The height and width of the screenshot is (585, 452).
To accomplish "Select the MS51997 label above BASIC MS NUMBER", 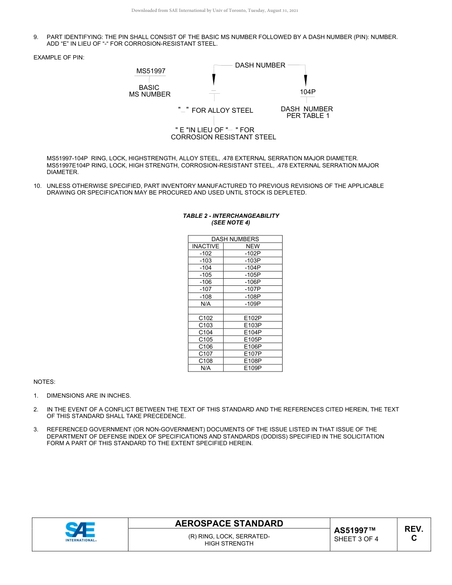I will (x=151, y=71).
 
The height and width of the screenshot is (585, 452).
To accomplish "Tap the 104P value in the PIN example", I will (x=308, y=91).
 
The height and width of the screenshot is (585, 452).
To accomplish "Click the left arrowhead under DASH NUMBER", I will (x=214, y=79).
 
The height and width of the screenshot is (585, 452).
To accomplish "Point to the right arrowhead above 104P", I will (x=305, y=79).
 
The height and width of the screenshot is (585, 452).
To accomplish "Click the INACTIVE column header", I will (x=206, y=246).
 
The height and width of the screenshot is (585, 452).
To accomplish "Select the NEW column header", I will (x=253, y=246).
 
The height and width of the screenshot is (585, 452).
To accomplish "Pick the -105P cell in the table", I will (x=253, y=275).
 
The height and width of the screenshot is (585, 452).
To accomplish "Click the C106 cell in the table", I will (x=206, y=347).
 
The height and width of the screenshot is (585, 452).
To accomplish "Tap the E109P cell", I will (x=253, y=368).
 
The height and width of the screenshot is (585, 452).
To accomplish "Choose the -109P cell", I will (x=253, y=303).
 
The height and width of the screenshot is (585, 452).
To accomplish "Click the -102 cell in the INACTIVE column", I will (x=206, y=253).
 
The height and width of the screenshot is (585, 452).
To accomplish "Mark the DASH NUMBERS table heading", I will (x=235, y=239).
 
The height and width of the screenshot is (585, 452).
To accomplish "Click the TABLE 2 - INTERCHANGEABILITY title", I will (x=231, y=216).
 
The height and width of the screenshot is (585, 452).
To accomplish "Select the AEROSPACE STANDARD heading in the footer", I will (x=229, y=524).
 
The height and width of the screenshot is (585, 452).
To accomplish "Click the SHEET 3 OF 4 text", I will (x=356, y=539).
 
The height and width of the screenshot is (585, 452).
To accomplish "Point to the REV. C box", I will (x=413, y=534).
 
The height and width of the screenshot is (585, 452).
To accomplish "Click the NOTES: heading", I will (x=44, y=382).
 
